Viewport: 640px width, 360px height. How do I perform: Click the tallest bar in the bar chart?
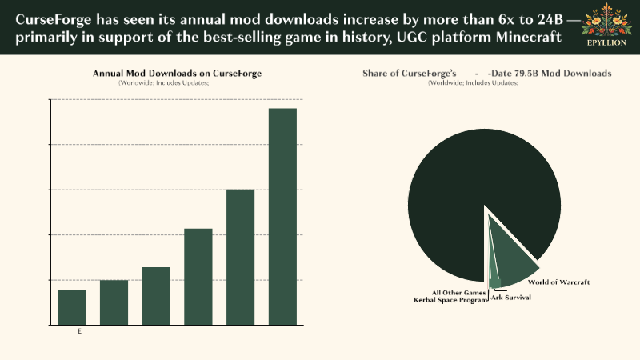282,216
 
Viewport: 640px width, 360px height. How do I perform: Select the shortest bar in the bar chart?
71,307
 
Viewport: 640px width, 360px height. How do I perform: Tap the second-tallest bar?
240,257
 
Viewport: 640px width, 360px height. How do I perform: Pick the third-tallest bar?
198,277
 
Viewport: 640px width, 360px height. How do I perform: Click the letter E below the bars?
79,330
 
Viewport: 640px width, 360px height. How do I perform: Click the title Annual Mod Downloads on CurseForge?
177,74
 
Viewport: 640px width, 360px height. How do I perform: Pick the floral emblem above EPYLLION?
606,22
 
